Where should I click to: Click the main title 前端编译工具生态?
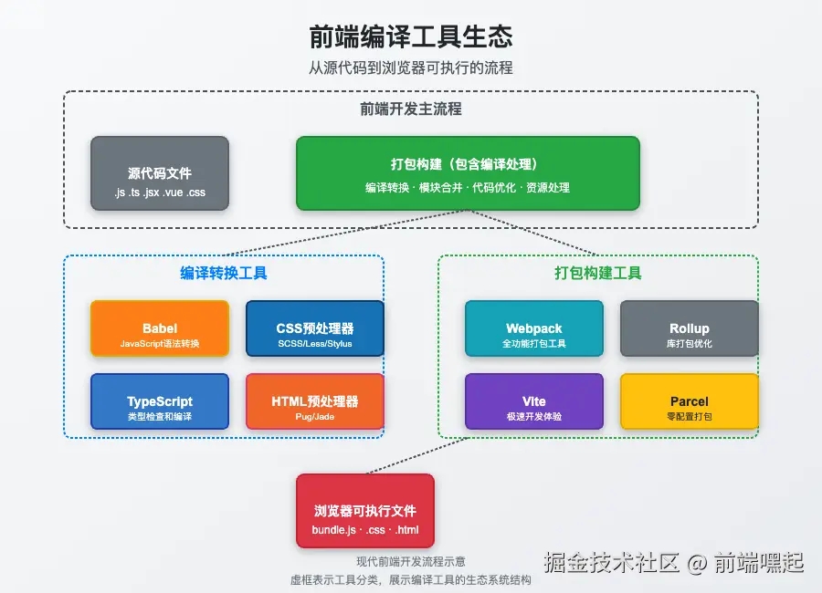pyautogui.click(x=410, y=36)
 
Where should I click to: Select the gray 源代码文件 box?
pyautogui.click(x=160, y=173)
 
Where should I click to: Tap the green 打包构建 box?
pyautogui.click(x=468, y=173)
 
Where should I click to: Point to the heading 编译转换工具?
pyautogui.click(x=224, y=273)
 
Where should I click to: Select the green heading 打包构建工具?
pyautogui.click(x=598, y=273)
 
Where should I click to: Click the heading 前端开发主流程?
pyautogui.click(x=411, y=109)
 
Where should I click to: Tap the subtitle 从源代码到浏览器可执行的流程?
pyautogui.click(x=410, y=68)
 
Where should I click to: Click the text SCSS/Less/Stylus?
pyautogui.click(x=315, y=344)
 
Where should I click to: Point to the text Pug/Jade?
pyautogui.click(x=315, y=417)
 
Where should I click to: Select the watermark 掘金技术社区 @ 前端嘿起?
pyautogui.click(x=674, y=562)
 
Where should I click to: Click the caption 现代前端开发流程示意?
pyautogui.click(x=410, y=562)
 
